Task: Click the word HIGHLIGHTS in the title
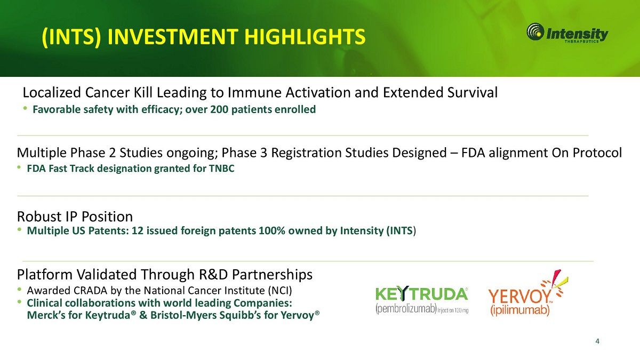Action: (x=305, y=37)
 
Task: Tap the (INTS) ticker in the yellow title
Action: (x=71, y=37)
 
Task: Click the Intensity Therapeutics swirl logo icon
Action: (x=535, y=31)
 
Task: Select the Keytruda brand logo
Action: (x=422, y=299)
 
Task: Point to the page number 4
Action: (x=597, y=341)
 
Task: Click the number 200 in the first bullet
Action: (x=219, y=109)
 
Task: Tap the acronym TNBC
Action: (x=221, y=169)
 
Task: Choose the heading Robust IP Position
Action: (x=75, y=217)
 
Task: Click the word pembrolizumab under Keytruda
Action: (x=406, y=309)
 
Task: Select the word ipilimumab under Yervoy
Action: (x=519, y=310)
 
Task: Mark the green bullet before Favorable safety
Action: (x=26, y=108)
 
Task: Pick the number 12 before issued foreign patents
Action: (x=137, y=230)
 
